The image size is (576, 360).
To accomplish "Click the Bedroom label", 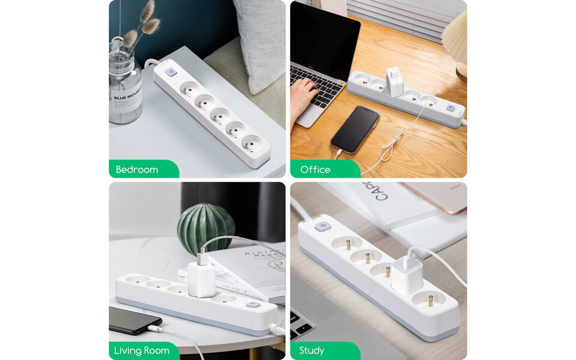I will pyautogui.click(x=137, y=170).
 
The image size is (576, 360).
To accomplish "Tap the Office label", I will pyautogui.click(x=316, y=170).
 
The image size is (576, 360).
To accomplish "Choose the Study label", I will pyautogui.click(x=312, y=350).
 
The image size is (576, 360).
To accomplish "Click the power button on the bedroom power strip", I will pyautogui.click(x=170, y=72).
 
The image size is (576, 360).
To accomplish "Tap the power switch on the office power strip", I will pyautogui.click(x=450, y=109).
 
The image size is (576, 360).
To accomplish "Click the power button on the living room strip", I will pyautogui.click(x=253, y=305).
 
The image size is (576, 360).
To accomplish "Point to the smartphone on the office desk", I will pyautogui.click(x=355, y=129).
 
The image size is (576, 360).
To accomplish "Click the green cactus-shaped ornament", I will pyautogui.click(x=206, y=229).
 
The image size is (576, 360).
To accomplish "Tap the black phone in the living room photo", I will pyautogui.click(x=133, y=320).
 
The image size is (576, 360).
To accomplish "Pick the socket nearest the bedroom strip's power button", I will pyautogui.click(x=190, y=89).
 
